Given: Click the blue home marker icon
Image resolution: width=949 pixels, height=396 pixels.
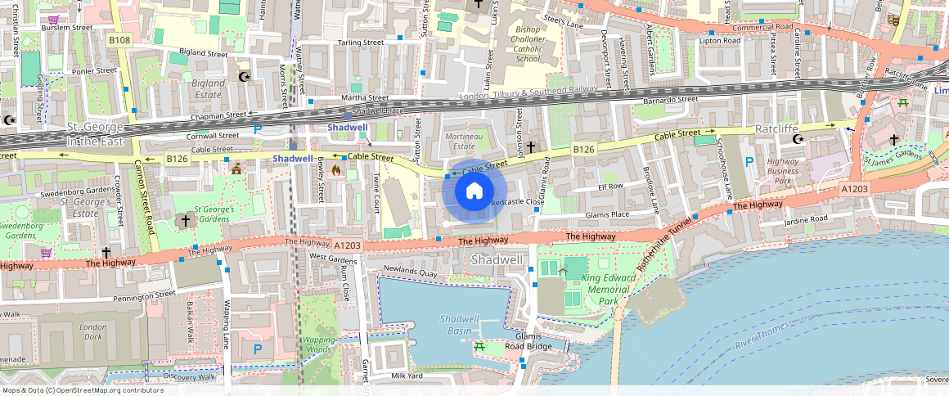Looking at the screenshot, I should pos(474,192).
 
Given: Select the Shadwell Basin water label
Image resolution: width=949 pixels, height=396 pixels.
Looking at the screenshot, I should pos(458,324).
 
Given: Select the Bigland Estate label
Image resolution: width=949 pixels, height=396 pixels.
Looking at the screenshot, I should pos(207,88).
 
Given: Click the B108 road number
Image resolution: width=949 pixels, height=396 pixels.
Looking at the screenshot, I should pos(119,39).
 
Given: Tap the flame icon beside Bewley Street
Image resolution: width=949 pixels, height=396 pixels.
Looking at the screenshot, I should pos(336,170).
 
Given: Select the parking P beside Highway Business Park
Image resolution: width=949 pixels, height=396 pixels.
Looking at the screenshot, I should pos(749,162).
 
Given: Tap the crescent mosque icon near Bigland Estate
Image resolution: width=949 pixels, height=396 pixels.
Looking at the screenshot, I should pos(243,77).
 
